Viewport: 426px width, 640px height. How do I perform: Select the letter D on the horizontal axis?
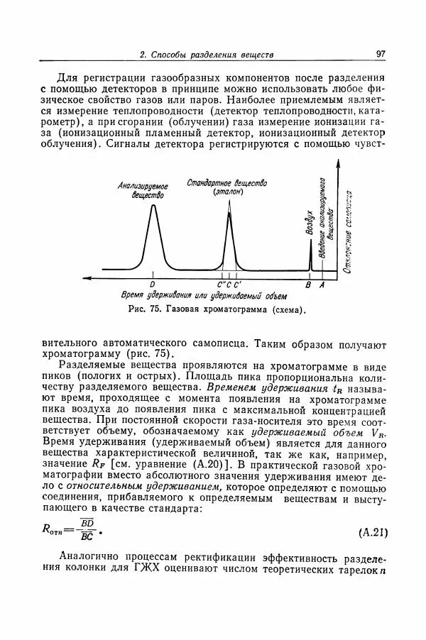pos(152,285)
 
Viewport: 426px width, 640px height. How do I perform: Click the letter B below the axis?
pos(308,285)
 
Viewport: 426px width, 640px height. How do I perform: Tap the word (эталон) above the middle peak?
pos(228,192)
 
